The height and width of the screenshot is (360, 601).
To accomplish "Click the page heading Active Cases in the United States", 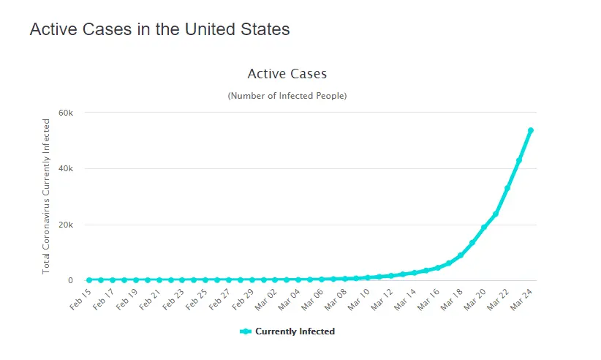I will pyautogui.click(x=159, y=30).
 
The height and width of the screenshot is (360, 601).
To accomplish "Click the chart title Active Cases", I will pyautogui.click(x=287, y=74).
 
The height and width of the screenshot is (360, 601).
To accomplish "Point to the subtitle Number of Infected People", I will pyautogui.click(x=287, y=96).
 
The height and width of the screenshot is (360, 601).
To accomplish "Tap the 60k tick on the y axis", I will pyautogui.click(x=66, y=113).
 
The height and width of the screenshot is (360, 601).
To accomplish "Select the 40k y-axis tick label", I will pyautogui.click(x=66, y=168).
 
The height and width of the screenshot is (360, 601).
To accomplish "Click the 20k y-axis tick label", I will pyautogui.click(x=66, y=225).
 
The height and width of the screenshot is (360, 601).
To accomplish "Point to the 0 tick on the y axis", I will pyautogui.click(x=70, y=280).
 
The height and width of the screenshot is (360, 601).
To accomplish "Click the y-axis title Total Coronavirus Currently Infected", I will pyautogui.click(x=46, y=196).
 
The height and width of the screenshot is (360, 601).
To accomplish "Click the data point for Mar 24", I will pyautogui.click(x=531, y=130).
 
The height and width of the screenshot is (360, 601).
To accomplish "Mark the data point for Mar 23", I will pyautogui.click(x=519, y=160).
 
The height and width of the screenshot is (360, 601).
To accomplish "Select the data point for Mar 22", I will pyautogui.click(x=507, y=188).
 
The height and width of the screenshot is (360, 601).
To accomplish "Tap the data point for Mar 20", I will pyautogui.click(x=484, y=228).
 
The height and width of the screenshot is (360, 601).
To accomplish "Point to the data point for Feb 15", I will pyautogui.click(x=89, y=280).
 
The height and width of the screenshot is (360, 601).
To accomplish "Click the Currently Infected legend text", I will pyautogui.click(x=295, y=331).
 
